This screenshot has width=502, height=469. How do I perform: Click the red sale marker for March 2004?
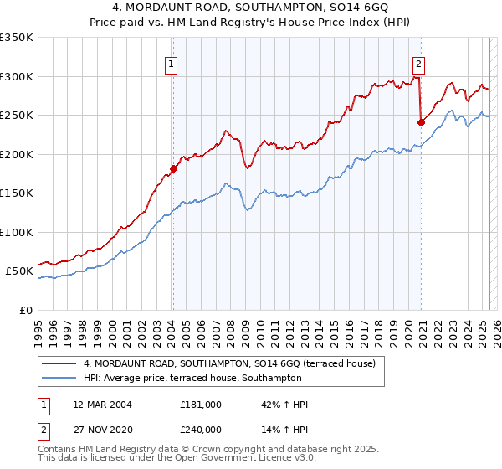point(173,168)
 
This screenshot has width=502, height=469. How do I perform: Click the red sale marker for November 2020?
point(421,122)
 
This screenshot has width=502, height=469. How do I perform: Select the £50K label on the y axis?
point(19,271)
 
